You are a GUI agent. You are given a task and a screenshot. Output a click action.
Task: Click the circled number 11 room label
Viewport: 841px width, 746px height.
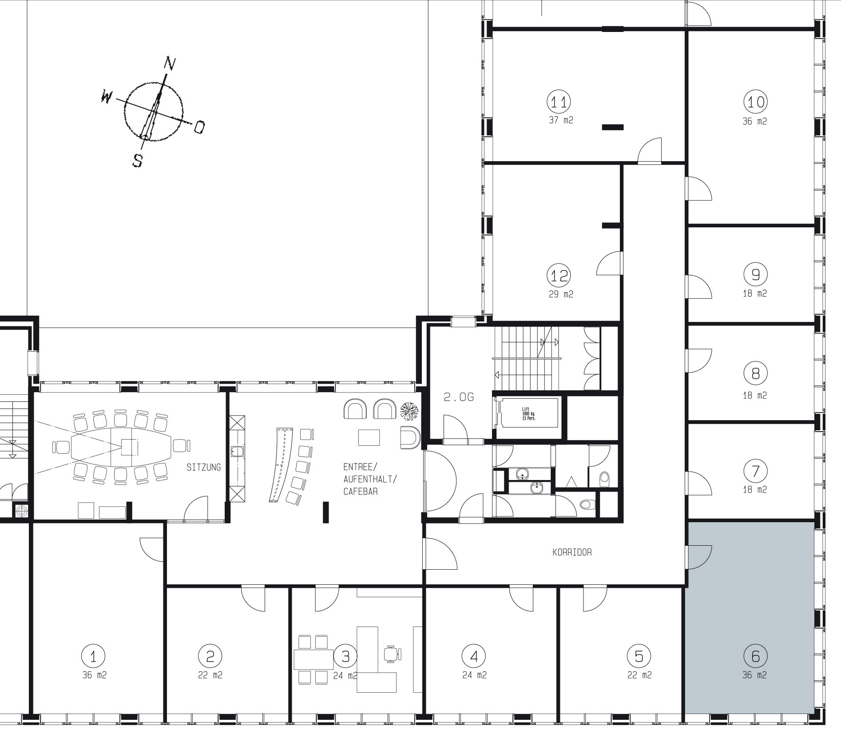point(559,102)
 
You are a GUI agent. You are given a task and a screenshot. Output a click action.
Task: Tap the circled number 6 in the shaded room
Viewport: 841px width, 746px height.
point(755,656)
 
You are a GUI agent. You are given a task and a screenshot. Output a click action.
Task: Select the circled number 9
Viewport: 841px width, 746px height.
point(755,274)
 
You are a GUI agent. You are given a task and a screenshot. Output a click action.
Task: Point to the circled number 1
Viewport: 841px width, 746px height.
point(94,656)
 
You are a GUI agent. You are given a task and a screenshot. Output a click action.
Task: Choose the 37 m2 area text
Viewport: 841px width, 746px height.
point(561,120)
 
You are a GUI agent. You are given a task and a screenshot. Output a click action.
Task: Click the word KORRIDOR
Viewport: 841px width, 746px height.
point(572,552)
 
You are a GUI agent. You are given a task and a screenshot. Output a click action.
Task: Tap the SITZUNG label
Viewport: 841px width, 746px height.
point(204,467)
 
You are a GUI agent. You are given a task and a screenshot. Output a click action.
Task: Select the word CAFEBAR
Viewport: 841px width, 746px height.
point(361,492)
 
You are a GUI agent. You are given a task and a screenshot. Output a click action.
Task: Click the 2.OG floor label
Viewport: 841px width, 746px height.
point(459,397)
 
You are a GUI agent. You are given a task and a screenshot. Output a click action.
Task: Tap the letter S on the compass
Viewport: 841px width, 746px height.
point(138,160)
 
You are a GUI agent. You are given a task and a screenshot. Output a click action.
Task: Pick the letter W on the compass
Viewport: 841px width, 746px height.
point(107,96)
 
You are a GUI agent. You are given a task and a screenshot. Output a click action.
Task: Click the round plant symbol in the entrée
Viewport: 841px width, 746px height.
point(409,411)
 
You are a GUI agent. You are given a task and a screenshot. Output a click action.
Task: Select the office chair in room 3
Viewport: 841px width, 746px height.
point(393,654)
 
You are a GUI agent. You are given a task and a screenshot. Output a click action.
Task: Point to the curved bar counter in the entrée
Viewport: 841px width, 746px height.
point(281,465)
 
